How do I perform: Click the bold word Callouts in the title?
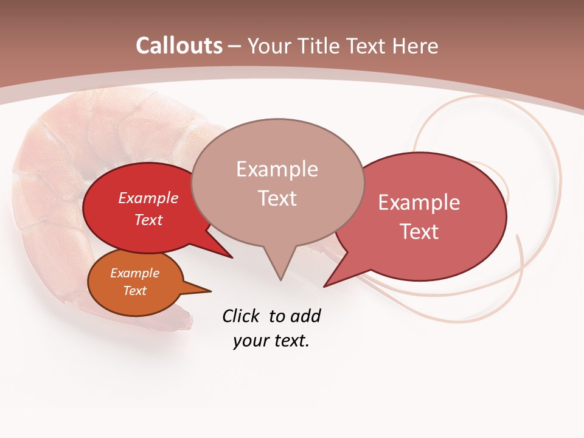pyautogui.click(x=179, y=46)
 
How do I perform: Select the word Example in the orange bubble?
pyautogui.click(x=134, y=273)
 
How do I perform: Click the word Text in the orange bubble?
pyautogui.click(x=134, y=291)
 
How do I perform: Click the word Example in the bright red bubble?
pyautogui.click(x=148, y=198)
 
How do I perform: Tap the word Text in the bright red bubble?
pyautogui.click(x=148, y=220)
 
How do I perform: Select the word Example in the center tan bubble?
pyautogui.click(x=277, y=169)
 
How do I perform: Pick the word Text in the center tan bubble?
pyautogui.click(x=277, y=198)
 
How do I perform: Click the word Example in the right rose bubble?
pyautogui.click(x=419, y=203)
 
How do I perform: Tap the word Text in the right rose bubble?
pyautogui.click(x=419, y=232)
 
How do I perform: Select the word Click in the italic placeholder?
pyautogui.click(x=242, y=316)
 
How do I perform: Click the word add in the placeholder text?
pyautogui.click(x=305, y=316)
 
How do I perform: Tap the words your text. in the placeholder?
pyautogui.click(x=271, y=341)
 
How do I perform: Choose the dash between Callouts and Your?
pyautogui.click(x=235, y=47)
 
